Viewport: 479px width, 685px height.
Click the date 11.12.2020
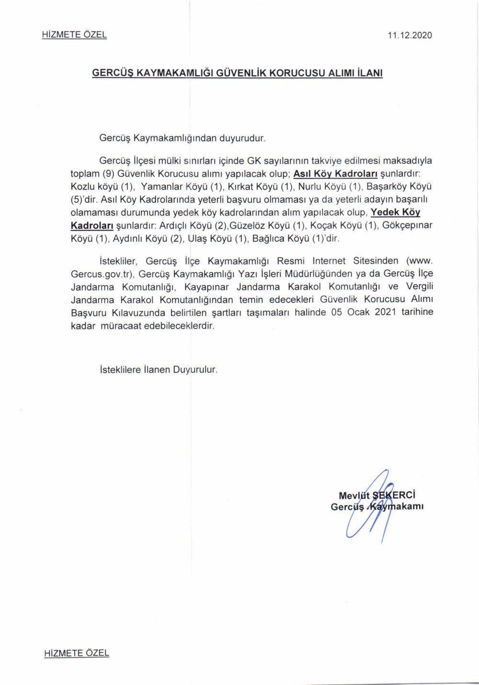coord(410,35)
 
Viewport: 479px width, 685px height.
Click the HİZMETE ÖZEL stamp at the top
coord(74,35)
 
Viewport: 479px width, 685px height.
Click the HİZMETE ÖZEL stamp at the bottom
coord(77,653)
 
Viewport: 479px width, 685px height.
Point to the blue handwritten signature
coord(369,508)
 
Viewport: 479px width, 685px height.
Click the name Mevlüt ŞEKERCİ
coord(376,495)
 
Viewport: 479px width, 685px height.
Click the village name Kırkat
coord(240,186)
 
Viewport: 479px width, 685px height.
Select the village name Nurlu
coord(310,186)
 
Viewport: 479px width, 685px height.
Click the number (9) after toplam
coord(108,174)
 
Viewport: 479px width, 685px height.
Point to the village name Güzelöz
coord(248,225)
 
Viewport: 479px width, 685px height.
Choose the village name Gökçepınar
coord(407,225)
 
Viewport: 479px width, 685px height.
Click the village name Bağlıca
coord(268,238)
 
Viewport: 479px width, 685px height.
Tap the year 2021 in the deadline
coord(385,312)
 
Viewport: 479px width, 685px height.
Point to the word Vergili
coord(420,287)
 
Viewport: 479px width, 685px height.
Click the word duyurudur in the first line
coord(242,138)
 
